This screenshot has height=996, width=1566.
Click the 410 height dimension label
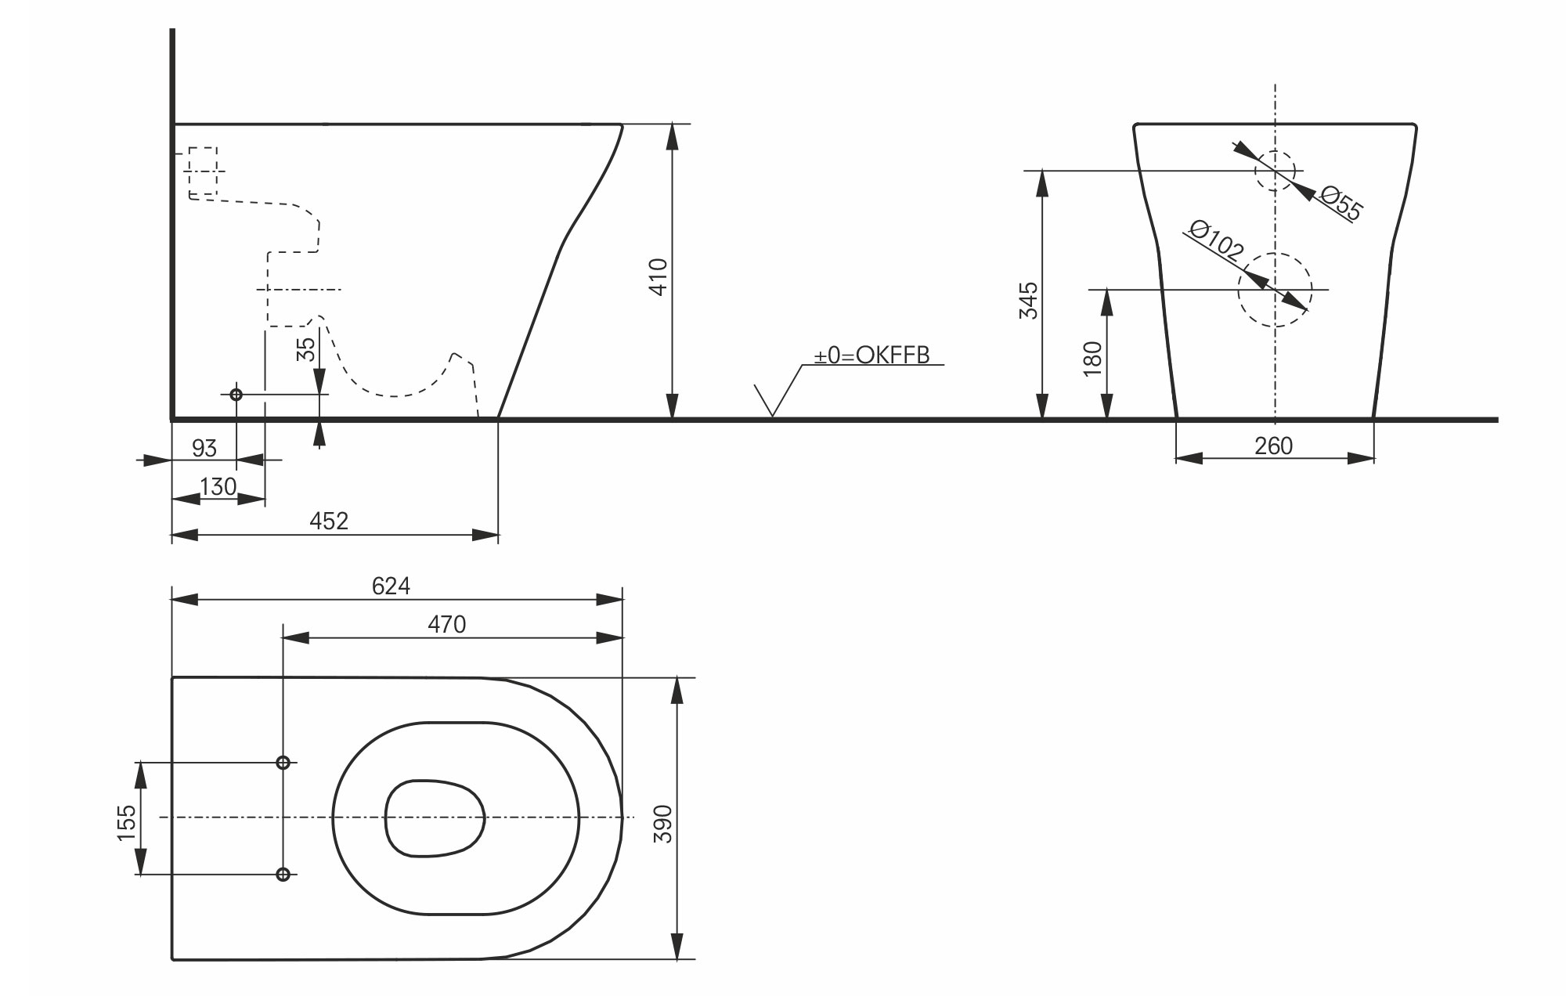(x=659, y=276)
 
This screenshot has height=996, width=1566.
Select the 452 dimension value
(x=329, y=521)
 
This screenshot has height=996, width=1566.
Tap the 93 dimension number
(x=204, y=448)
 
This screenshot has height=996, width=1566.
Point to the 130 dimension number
(x=218, y=487)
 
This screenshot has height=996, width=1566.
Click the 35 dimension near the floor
(x=307, y=348)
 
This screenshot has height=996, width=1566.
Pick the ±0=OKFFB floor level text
(x=871, y=355)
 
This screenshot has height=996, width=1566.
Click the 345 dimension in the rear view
(x=1028, y=301)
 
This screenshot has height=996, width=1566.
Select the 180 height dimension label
(x=1093, y=359)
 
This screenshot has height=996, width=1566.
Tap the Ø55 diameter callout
(x=1341, y=203)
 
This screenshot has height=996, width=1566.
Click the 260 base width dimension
(x=1273, y=446)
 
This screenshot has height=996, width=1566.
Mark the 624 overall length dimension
(x=391, y=586)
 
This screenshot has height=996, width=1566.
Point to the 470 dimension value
(x=446, y=624)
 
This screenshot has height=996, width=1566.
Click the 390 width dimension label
(x=663, y=823)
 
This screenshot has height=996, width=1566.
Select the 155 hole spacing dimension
(x=127, y=823)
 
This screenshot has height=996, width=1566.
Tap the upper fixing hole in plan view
(x=283, y=762)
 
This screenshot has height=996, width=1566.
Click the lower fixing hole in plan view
(x=283, y=874)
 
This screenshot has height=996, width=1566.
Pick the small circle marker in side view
(x=236, y=395)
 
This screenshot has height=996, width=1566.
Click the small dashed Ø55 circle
(x=1275, y=171)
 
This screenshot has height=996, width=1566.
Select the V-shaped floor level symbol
(x=772, y=402)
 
